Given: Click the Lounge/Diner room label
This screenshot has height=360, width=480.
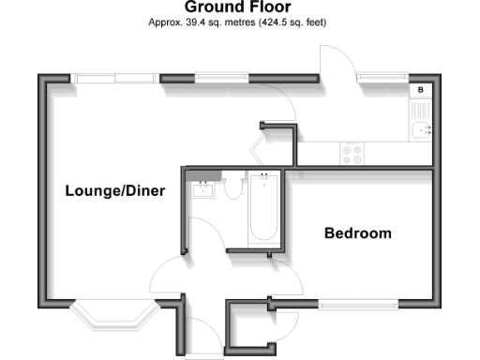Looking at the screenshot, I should (x=115, y=191).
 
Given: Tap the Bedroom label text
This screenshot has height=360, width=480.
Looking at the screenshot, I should (x=357, y=233).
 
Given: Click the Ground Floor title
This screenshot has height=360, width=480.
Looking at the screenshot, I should (x=238, y=7).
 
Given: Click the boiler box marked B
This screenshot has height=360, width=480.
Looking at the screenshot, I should (x=421, y=90).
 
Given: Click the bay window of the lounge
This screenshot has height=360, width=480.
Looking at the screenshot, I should (x=112, y=313).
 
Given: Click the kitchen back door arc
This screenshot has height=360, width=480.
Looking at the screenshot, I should (x=337, y=62).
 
